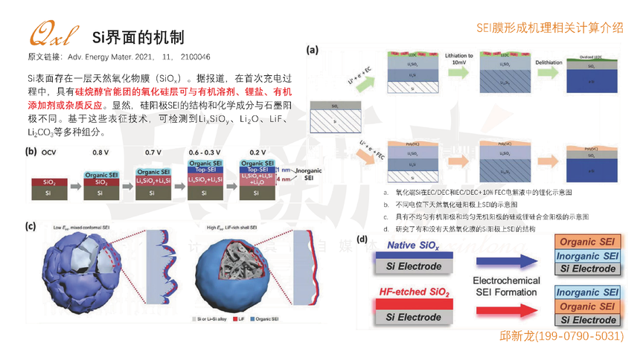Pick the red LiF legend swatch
[237, 318]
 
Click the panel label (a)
[313, 51]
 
